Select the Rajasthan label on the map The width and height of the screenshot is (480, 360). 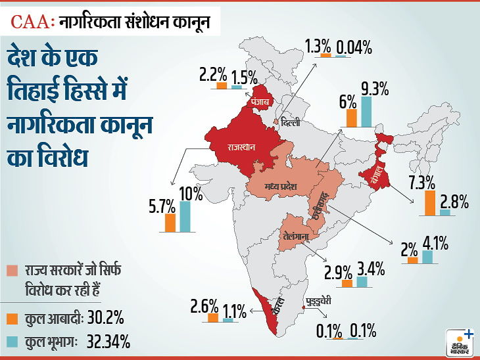point(241,146)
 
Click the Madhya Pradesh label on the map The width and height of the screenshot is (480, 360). point(281,186)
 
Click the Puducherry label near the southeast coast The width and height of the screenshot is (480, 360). point(319,302)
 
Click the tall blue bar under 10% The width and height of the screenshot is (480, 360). point(185,216)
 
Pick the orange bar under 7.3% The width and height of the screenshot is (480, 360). point(430,203)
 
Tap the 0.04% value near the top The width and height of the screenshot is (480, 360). point(354,48)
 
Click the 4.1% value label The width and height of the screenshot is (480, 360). point(435,244)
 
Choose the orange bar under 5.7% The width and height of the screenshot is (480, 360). point(170,223)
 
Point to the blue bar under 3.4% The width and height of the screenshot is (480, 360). point(362,282)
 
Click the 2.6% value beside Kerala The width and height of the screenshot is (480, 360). point(204,306)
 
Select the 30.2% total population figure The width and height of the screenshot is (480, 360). point(106,318)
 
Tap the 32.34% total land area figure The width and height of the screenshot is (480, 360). point(108,342)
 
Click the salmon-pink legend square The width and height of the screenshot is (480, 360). point(12,271)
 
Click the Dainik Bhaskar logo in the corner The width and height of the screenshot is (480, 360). point(460,343)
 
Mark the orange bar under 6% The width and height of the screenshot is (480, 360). point(351,118)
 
